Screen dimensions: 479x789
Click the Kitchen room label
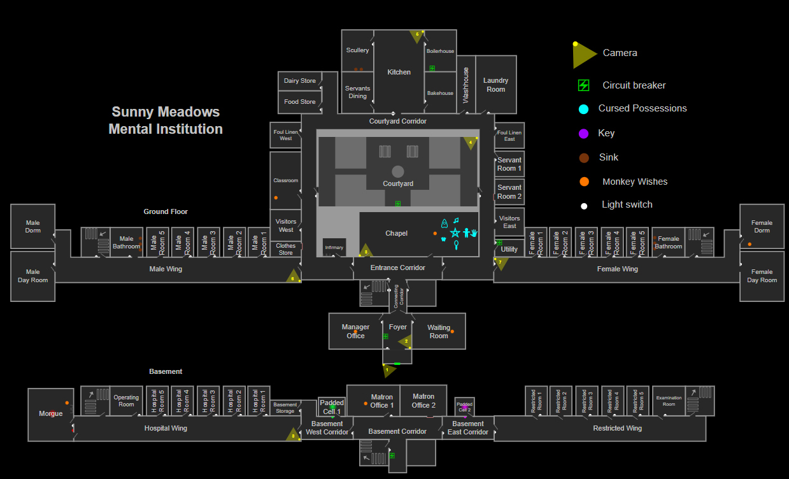pos(399,72)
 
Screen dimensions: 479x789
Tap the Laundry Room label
pos(495,85)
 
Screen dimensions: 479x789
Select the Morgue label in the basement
pos(51,413)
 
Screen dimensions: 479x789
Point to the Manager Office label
pos(355,331)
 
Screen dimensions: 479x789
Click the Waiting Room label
pos(439,332)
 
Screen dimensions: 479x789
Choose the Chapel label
pos(396,233)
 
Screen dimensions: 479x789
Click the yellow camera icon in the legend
pos(584,55)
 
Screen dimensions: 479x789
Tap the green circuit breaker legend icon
pos(583,85)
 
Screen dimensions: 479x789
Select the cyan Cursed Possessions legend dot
pos(583,109)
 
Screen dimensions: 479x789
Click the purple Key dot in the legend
pos(583,134)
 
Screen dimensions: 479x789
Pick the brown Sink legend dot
pos(583,158)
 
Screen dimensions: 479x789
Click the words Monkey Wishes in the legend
pos(635,182)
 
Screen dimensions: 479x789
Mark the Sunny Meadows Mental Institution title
pos(166,120)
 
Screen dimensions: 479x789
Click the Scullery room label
pos(357,50)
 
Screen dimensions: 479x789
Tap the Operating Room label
pos(126,401)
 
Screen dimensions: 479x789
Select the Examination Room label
pos(669,401)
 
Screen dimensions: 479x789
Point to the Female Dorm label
pos(762,227)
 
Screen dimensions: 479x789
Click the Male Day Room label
pos(32,276)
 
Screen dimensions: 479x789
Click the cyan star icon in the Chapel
pos(455,232)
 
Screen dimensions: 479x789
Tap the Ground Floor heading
pos(166,211)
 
